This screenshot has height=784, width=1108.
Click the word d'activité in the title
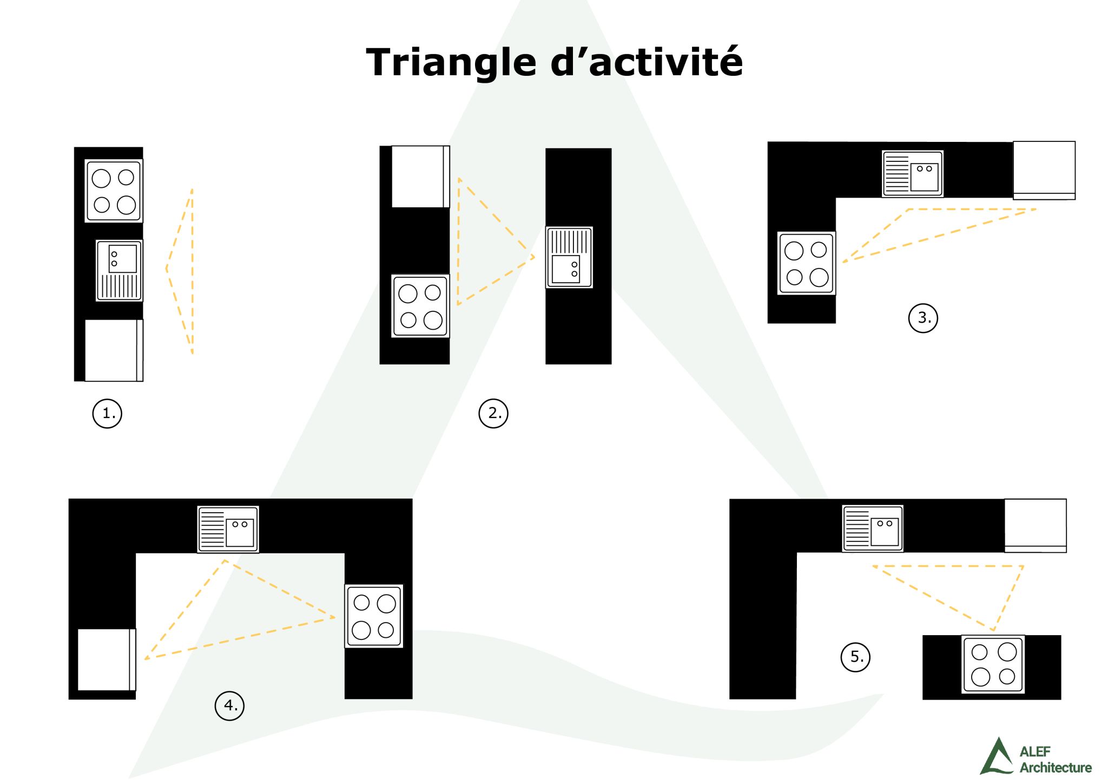pyautogui.click(x=647, y=62)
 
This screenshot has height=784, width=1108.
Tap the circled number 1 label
pyautogui.click(x=107, y=414)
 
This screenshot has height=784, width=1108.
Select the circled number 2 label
pyautogui.click(x=493, y=414)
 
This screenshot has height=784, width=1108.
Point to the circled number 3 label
pyautogui.click(x=923, y=318)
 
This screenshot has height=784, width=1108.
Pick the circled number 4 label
pyautogui.click(x=230, y=705)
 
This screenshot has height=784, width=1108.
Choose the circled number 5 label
pyautogui.click(x=856, y=657)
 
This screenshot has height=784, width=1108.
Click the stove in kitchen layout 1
pyautogui.click(x=114, y=191)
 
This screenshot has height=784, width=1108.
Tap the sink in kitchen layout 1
pyautogui.click(x=119, y=270)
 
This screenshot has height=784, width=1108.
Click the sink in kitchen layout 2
pyautogui.click(x=569, y=257)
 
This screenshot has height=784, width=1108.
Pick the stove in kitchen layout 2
pyautogui.click(x=420, y=306)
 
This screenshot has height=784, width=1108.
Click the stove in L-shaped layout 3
pyautogui.click(x=806, y=263)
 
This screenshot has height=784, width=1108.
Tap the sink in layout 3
pyautogui.click(x=913, y=173)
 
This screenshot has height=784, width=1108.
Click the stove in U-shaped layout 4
pyautogui.click(x=374, y=616)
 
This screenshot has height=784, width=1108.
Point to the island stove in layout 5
pyautogui.click(x=993, y=664)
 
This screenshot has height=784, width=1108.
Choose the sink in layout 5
pyautogui.click(x=873, y=528)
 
